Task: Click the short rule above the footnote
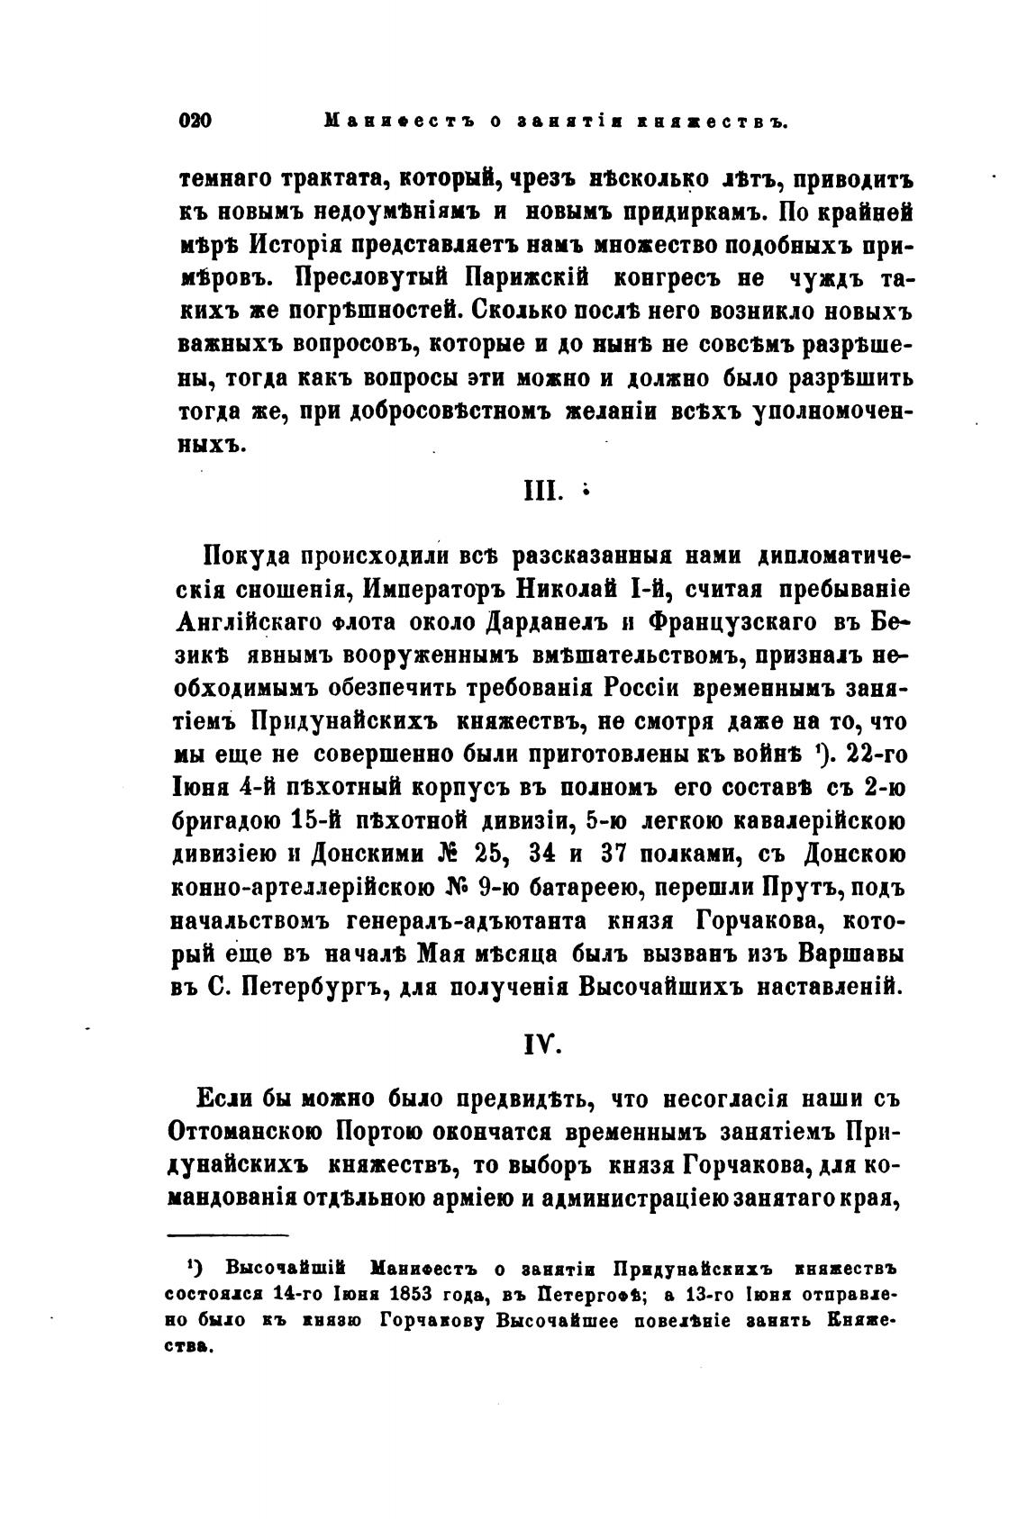tap(228, 1235)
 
